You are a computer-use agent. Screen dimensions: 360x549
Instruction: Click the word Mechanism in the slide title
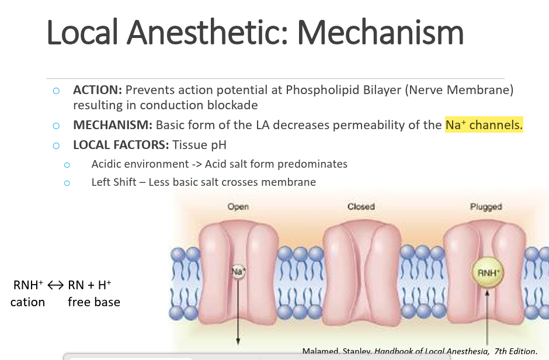coord(380,32)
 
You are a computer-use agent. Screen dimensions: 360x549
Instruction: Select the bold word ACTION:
coord(97,90)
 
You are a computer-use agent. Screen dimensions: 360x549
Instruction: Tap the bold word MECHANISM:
coord(113,125)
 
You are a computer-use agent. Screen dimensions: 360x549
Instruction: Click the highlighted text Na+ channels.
coord(484,125)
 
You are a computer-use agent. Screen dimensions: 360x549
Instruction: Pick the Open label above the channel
coord(238,206)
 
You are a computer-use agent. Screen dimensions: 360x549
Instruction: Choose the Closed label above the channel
coord(361,206)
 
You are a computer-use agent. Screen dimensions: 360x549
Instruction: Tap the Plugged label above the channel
coord(485,206)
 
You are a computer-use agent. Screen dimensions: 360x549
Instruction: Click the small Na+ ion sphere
coord(238,272)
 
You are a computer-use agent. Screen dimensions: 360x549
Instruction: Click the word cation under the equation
coord(27,302)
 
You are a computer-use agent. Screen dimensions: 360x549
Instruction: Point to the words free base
coord(94,302)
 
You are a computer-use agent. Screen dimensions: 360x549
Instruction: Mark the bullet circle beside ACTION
coord(56,91)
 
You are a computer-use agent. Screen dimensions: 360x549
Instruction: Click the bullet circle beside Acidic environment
coord(67,165)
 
